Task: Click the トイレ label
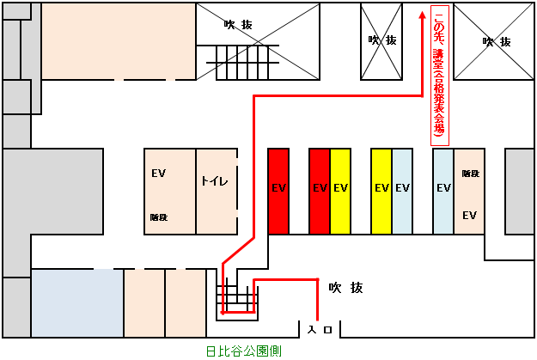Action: pyautogui.click(x=215, y=181)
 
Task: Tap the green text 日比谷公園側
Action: pyautogui.click(x=244, y=351)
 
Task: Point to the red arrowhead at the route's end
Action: pyautogui.click(x=424, y=15)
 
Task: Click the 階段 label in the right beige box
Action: pyautogui.click(x=469, y=174)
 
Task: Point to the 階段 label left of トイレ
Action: pyautogui.click(x=159, y=217)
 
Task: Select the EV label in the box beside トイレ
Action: pyautogui.click(x=158, y=174)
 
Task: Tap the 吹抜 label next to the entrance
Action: pyautogui.click(x=345, y=287)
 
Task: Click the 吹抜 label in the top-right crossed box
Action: pyautogui.click(x=497, y=41)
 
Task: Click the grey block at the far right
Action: pyautogui.click(x=519, y=191)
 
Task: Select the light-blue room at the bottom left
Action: pyautogui.click(x=77, y=303)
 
